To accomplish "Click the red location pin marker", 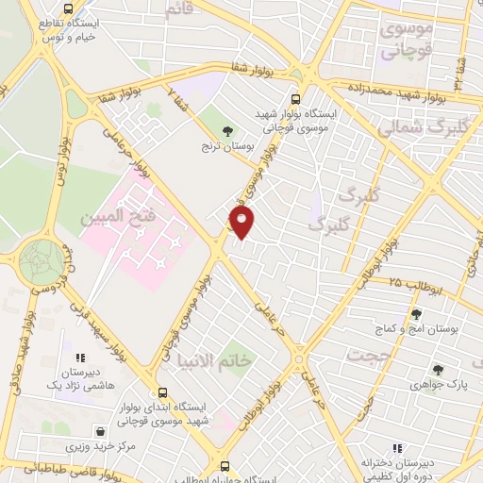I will (243, 223).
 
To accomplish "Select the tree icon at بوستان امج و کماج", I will (416, 315).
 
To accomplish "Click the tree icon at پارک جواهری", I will (437, 370).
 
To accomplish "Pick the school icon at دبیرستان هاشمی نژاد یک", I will (79, 357).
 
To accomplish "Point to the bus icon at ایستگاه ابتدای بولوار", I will (162, 392).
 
